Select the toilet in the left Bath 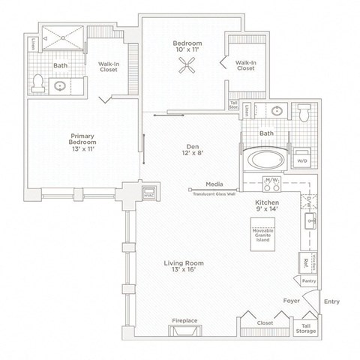click(37, 82)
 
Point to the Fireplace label click(184, 320)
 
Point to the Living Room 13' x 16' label click(184, 267)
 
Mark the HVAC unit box click(148, 192)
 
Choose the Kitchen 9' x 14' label click(268, 207)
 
